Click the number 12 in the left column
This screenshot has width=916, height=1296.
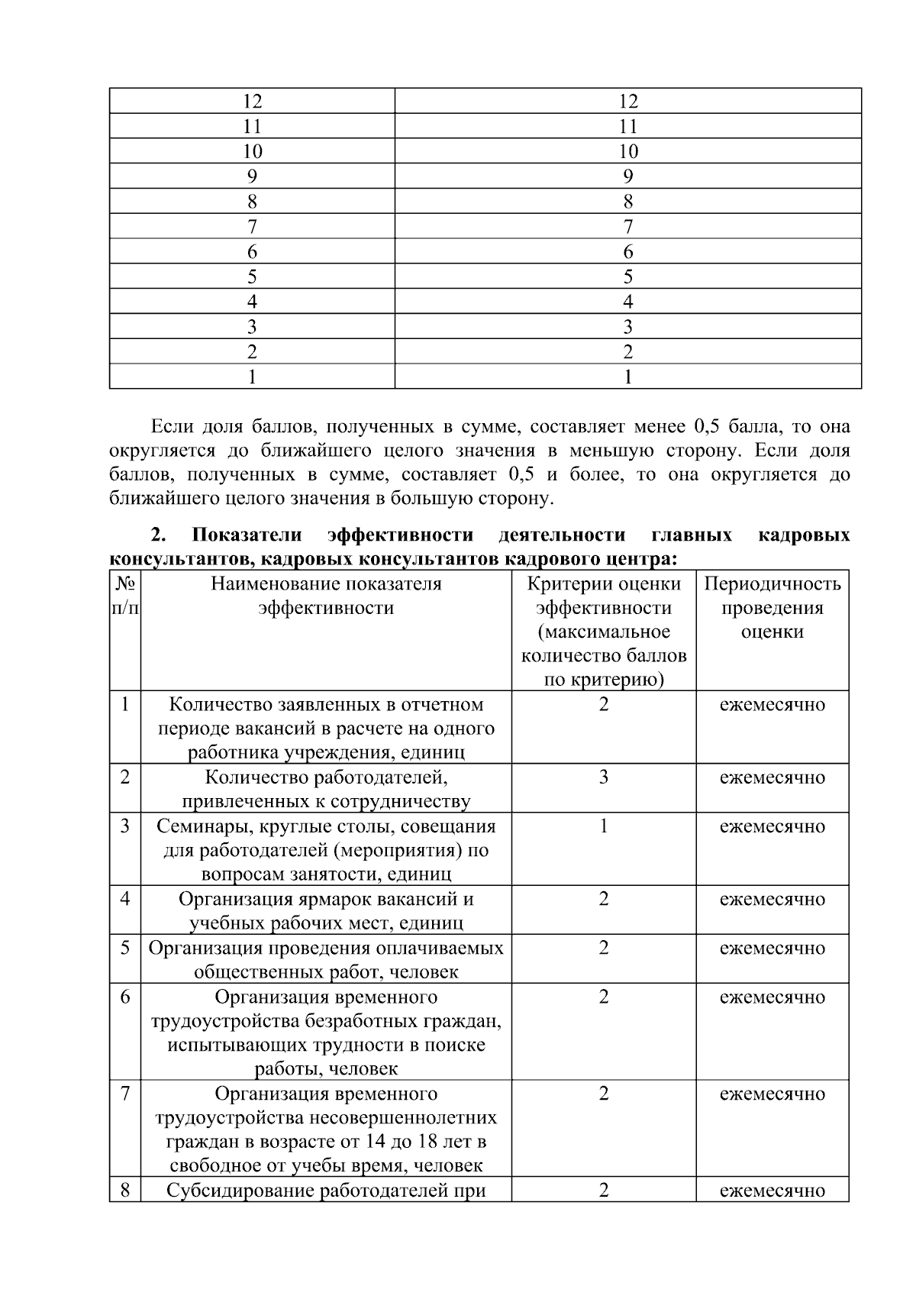tap(252, 102)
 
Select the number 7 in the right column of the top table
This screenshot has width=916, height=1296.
tap(627, 227)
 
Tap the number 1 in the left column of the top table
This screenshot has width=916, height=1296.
tap(252, 377)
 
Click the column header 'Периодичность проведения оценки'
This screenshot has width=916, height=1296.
tap(772, 608)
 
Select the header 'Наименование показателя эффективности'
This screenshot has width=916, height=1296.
tap(326, 596)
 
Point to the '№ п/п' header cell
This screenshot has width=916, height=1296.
tap(125, 596)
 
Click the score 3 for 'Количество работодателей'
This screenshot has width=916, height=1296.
tap(603, 778)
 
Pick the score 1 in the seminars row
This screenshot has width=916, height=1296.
tap(603, 826)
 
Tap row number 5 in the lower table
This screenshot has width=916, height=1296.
tap(125, 949)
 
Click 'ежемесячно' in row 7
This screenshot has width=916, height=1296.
tap(772, 1094)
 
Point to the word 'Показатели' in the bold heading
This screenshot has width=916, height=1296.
tap(247, 535)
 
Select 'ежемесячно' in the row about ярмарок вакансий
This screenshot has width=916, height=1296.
tap(772, 900)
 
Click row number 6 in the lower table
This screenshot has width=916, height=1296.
tap(125, 997)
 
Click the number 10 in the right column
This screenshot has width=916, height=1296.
tap(627, 151)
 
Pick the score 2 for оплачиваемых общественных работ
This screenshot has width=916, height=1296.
tap(603, 949)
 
